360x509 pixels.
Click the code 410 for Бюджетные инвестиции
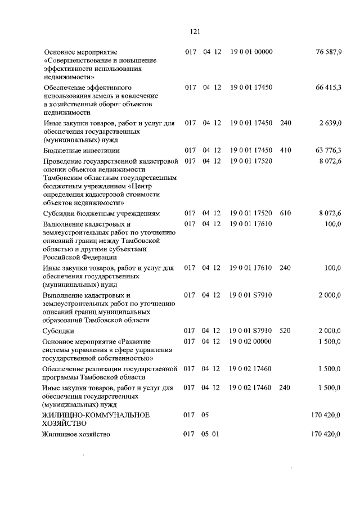pyautogui.click(x=285, y=150)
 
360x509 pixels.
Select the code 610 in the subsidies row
pyautogui.click(x=285, y=214)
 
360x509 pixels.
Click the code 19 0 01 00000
pyautogui.click(x=251, y=52)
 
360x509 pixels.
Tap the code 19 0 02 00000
pyautogui.click(x=251, y=341)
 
